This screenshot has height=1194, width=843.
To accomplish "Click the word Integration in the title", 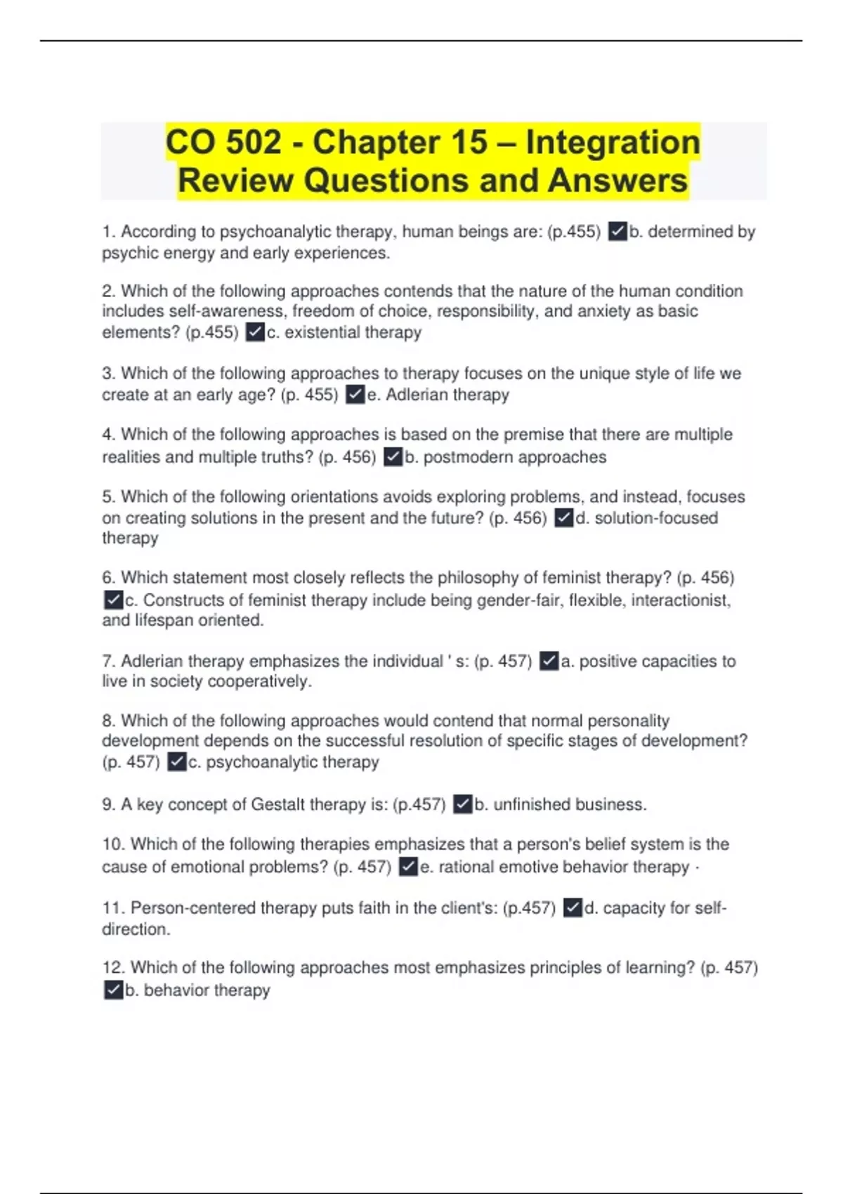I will tap(613, 143).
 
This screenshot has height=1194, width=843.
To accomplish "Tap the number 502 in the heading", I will tap(252, 143).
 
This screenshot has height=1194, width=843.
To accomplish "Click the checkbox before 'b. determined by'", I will tap(617, 232).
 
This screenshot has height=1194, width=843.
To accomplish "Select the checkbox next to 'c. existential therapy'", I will tap(255, 332).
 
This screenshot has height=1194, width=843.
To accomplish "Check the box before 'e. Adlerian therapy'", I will tap(355, 395).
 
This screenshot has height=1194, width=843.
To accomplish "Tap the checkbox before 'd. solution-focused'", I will tap(564, 518).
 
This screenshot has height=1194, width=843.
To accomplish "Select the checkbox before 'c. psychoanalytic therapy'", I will tap(177, 762).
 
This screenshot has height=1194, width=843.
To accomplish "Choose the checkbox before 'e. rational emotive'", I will tap(408, 867).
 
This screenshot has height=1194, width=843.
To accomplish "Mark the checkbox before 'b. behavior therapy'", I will tap(113, 990).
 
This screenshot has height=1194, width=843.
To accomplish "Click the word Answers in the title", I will tap(617, 181).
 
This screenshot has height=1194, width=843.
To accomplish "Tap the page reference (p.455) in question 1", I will tap(574, 232).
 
